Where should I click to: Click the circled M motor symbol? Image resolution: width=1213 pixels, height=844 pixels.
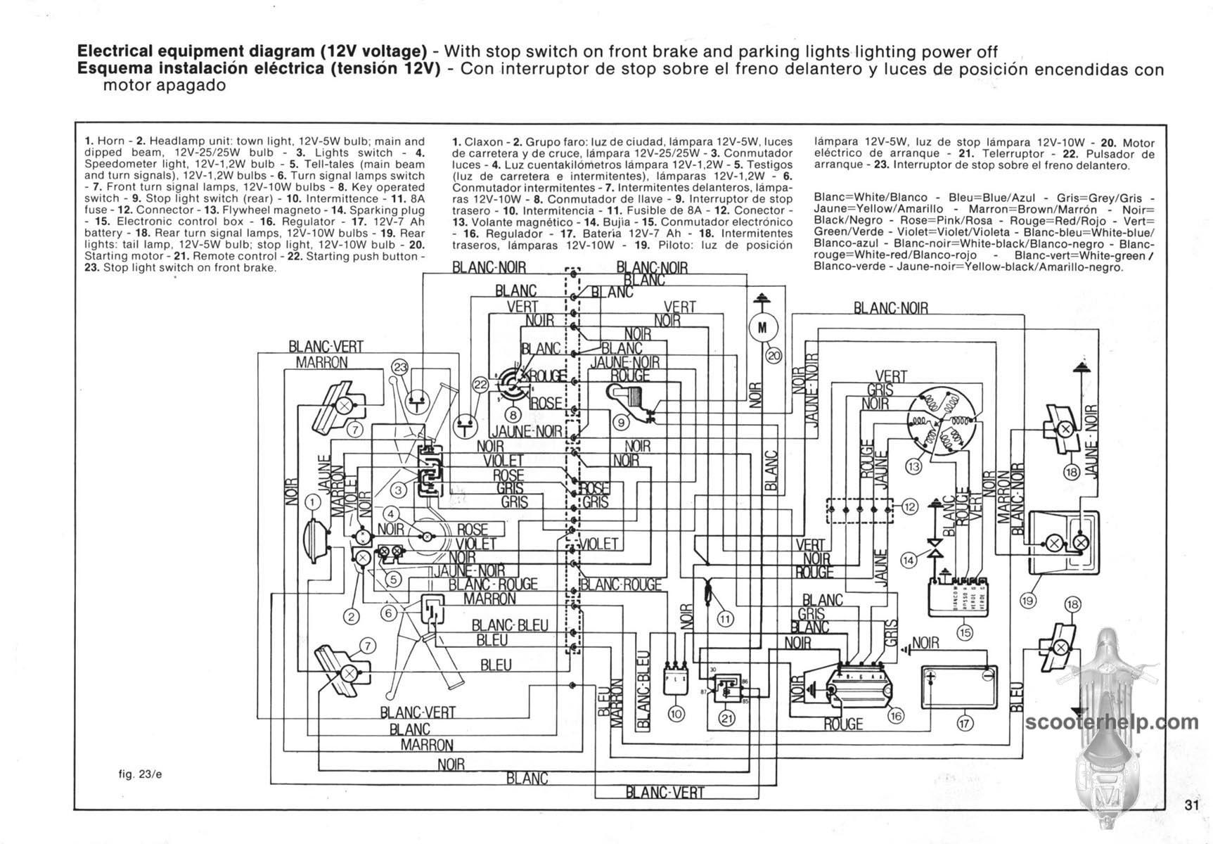coord(762,326)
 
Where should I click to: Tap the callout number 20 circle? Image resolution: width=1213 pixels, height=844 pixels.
coord(774,356)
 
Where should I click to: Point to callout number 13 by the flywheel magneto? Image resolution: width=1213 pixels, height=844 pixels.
coord(914,466)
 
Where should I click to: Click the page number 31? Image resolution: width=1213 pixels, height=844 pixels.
coord(1190,806)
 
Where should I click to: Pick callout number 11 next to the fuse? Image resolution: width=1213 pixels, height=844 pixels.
coord(725,619)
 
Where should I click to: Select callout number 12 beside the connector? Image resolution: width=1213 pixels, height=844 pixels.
coord(910,506)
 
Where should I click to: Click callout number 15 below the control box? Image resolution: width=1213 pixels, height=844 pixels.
coord(965,633)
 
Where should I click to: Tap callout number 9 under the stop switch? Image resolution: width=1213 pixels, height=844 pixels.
coord(621,423)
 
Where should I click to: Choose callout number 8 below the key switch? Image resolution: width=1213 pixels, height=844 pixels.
coord(514,415)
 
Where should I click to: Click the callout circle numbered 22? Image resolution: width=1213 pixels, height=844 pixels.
coord(480,385)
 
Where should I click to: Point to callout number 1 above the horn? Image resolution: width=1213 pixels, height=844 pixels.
coord(314,501)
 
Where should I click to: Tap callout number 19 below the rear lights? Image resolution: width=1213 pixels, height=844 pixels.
coord(1027,600)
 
